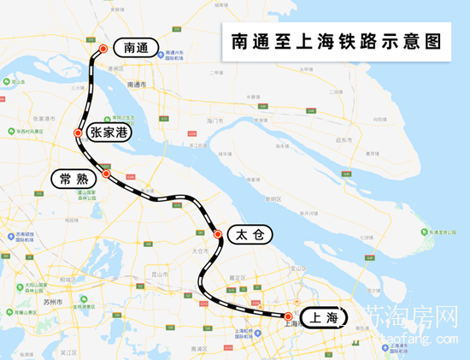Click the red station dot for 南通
coord(103,49)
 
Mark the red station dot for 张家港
coord(79,133)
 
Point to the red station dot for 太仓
coord(218,234)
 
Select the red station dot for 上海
coord(288,317)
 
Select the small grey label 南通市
coord(137,85)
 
